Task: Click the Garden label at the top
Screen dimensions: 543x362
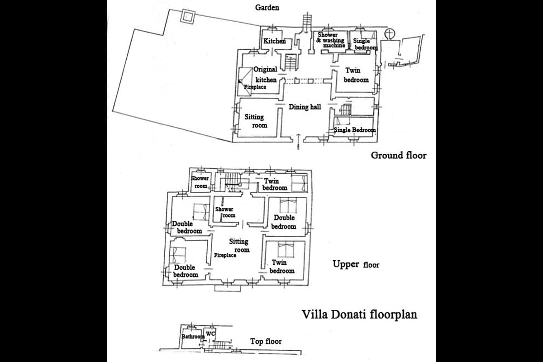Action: (267, 8)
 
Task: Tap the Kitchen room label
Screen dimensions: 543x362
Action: (274, 41)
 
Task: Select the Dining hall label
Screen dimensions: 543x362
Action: (305, 107)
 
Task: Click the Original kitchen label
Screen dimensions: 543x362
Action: (265, 75)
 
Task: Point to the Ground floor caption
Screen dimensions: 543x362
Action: (399, 155)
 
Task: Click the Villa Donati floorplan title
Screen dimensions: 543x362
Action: (359, 314)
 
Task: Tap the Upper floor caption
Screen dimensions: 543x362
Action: (356, 264)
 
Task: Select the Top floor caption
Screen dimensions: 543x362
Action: (266, 341)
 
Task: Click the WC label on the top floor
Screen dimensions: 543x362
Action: (210, 333)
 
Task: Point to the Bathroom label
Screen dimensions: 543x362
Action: (193, 337)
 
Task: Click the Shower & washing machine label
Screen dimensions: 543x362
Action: (331, 40)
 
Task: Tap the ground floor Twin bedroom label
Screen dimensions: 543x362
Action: (356, 75)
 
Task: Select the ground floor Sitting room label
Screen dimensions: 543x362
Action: (256, 121)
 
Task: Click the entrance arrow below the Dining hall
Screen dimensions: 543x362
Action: (298, 142)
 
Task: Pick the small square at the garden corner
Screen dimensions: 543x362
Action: (188, 17)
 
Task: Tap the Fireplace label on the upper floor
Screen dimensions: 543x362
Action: (225, 255)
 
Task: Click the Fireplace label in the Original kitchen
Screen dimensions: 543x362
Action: (255, 87)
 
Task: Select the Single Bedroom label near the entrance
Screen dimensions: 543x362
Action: (355, 130)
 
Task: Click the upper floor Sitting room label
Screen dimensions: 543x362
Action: (239, 245)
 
